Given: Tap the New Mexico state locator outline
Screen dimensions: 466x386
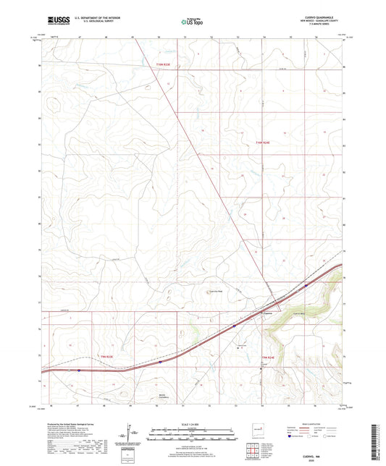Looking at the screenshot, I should [256, 427].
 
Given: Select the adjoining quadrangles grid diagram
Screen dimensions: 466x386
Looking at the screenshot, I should [255, 449].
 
